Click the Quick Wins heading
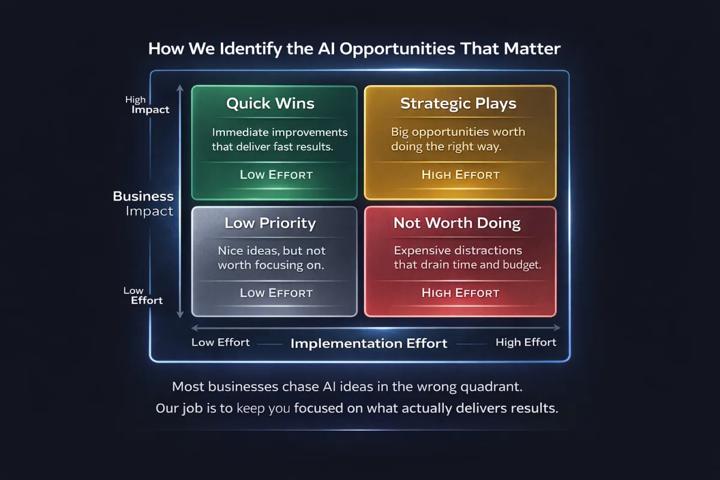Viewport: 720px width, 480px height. [270, 104]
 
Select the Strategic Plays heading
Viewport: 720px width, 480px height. [458, 104]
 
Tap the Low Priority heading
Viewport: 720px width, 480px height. [270, 224]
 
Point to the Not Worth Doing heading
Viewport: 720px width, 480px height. [457, 224]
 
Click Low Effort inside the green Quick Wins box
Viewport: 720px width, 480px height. [276, 175]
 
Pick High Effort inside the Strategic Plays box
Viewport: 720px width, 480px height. [461, 175]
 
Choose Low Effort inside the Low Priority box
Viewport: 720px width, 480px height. [276, 293]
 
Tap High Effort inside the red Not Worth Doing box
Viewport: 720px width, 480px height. [461, 293]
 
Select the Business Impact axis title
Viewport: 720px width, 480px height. [143, 203]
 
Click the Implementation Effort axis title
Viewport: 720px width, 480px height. [369, 344]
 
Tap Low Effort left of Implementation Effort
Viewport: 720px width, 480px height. [221, 343]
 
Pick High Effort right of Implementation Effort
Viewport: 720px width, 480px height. [526, 343]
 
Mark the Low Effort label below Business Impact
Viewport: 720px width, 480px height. [143, 296]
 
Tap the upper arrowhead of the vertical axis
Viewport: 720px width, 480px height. [180, 88]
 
